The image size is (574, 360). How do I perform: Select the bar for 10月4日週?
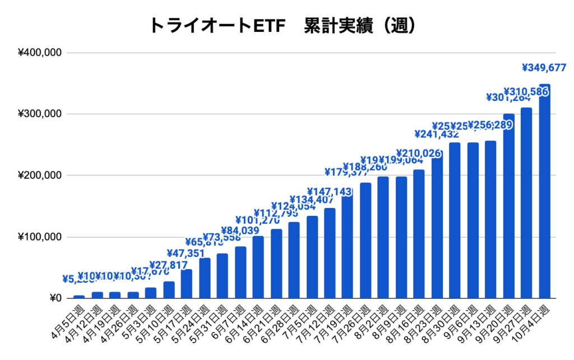tap(544, 191)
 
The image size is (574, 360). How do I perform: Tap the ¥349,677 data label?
tap(544, 69)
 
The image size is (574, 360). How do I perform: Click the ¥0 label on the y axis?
tap(55, 298)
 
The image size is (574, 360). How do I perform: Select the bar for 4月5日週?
tap(79, 297)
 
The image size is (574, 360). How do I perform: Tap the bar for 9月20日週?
tap(508, 206)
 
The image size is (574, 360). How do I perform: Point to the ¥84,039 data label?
tap(240, 230)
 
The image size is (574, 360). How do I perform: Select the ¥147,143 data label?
tap(330, 192)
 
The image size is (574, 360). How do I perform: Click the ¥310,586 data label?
tap(526, 91)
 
